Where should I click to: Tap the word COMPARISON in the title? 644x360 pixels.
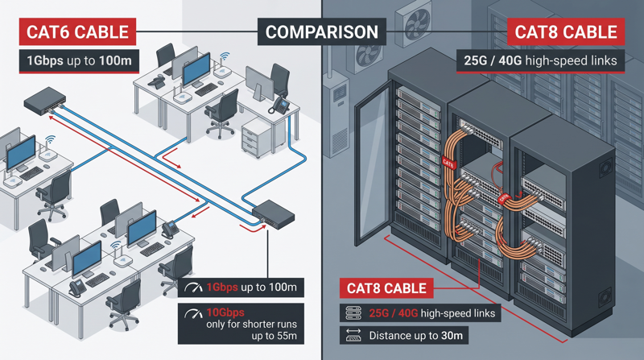[321, 32]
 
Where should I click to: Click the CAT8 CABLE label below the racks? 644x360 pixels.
[386, 288]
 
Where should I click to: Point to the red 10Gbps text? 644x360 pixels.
[225, 312]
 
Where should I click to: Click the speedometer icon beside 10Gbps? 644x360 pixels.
[192, 312]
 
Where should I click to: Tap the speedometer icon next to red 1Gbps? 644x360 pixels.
[192, 288]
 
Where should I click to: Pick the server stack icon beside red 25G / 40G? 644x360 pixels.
[353, 312]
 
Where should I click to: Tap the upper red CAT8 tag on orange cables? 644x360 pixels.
[448, 163]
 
